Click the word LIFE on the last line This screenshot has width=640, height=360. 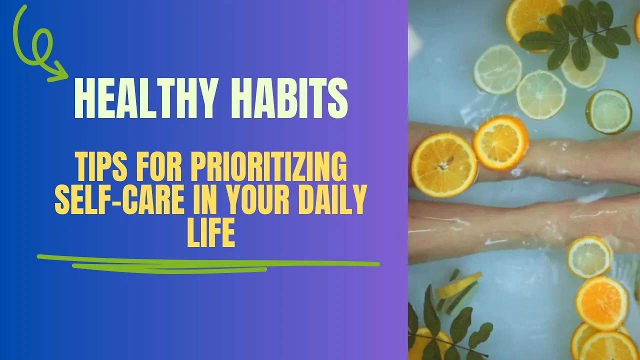[x=210, y=235]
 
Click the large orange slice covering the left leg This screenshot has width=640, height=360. [x=444, y=164]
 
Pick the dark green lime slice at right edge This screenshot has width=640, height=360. [x=608, y=111]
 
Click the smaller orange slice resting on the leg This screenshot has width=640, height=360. [x=500, y=142]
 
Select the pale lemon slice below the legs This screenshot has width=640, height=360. [x=589, y=257]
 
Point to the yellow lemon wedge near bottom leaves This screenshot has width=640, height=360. [x=459, y=285]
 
